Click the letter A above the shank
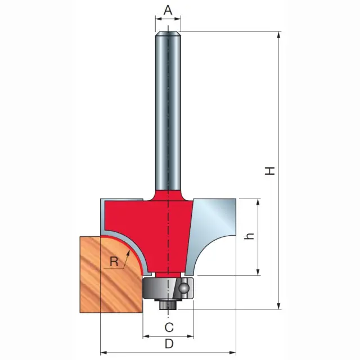coord(168,11)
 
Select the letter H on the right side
coord(270,171)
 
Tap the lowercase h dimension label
coord(249,236)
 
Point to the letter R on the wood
coord(114,261)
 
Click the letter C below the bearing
coord(169,327)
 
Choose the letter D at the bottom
coord(169,344)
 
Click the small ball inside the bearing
coord(184,288)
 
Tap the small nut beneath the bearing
coord(168,305)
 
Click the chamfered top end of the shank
coord(168,34)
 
